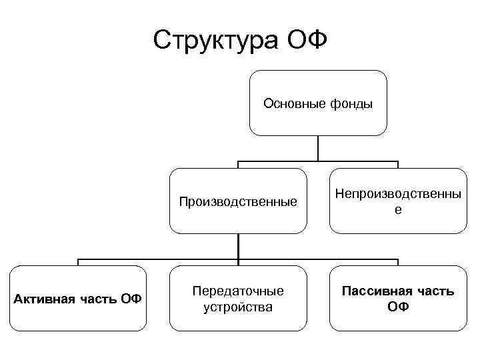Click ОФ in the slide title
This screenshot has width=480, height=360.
(x=307, y=40)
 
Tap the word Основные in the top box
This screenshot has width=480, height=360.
(x=293, y=103)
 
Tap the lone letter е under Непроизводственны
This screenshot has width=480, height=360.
(x=398, y=209)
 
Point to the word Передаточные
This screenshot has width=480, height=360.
(x=238, y=291)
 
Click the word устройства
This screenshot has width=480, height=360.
(x=238, y=307)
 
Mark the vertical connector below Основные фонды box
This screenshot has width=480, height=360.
(x=318, y=148)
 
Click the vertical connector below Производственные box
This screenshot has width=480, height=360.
(x=238, y=246)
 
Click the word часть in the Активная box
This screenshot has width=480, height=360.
(x=98, y=299)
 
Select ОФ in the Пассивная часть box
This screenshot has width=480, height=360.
(x=398, y=307)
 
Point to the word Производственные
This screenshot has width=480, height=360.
(x=238, y=201)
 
